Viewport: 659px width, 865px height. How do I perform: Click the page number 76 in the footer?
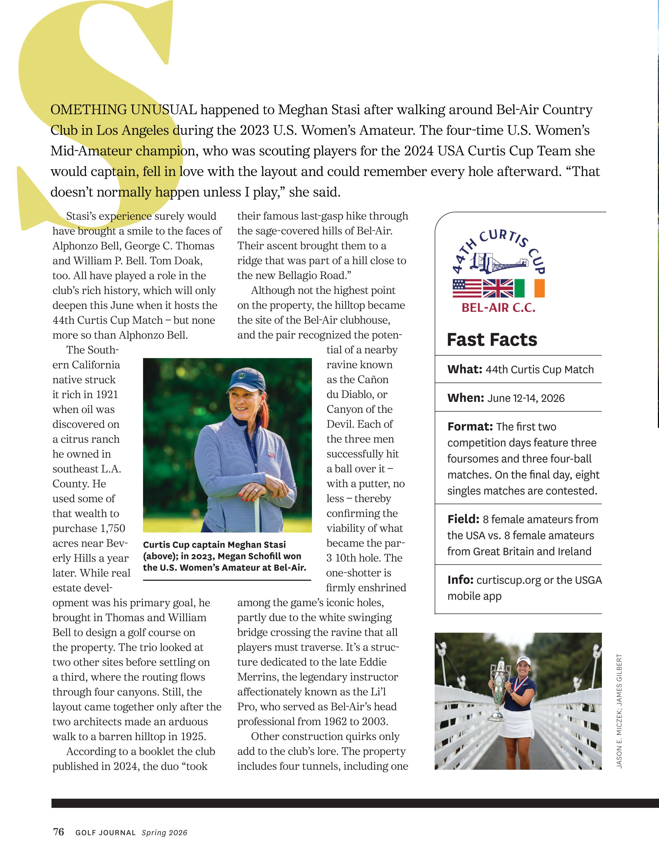(58, 832)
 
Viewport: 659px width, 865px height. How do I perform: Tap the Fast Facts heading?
(492, 340)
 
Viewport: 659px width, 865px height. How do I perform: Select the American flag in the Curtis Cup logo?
(467, 288)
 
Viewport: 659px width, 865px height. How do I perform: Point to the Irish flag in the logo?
(529, 288)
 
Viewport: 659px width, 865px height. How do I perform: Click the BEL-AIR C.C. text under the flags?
(498, 308)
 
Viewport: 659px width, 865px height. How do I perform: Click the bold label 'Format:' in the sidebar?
(470, 426)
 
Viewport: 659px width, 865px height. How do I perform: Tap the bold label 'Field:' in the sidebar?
(463, 519)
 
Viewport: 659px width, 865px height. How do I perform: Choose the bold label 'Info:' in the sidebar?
(460, 580)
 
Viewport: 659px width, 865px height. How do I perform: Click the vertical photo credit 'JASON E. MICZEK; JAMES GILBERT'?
(619, 710)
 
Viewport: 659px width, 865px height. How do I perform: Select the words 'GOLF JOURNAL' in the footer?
(105, 832)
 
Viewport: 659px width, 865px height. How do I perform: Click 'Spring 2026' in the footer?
(164, 832)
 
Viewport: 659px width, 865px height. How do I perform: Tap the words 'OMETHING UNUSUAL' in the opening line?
(124, 110)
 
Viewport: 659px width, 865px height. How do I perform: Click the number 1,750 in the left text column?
(113, 528)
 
